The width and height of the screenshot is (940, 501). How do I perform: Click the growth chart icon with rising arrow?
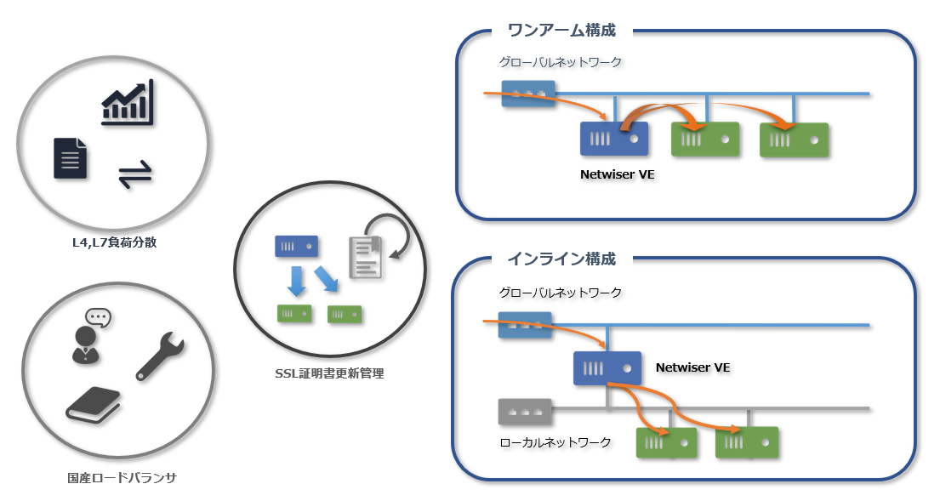coord(128,103)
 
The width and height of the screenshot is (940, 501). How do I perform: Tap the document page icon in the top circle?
coord(71,158)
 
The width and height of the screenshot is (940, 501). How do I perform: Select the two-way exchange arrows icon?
coord(134,176)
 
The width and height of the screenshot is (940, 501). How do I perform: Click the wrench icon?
coord(159,356)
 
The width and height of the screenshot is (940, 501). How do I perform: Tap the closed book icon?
coord(93,405)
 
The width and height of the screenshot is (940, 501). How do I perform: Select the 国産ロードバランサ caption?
coord(122,478)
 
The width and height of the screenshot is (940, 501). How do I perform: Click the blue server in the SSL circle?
coord(296,247)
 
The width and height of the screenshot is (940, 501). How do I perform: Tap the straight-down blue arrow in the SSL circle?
coord(295,282)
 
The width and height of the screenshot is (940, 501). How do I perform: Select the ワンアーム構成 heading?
coord(561,31)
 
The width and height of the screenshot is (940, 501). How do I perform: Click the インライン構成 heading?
coord(561,259)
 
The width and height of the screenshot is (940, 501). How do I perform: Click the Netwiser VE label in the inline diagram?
coord(693,367)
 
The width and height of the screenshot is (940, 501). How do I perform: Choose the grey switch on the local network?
coord(525,412)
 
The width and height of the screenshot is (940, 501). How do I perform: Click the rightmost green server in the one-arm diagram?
coord(794,139)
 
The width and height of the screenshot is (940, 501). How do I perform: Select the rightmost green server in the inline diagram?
coord(747,442)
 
